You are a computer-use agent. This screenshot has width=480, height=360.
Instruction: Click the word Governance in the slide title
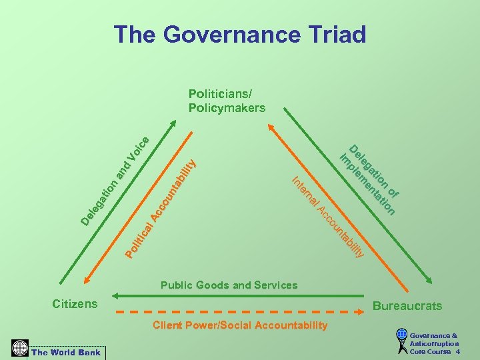223,34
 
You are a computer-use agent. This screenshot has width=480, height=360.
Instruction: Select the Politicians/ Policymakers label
227,101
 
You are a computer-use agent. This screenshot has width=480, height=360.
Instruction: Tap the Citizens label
75,304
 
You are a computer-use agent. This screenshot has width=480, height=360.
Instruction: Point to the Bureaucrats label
407,306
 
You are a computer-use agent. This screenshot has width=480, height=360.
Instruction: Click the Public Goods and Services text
229,285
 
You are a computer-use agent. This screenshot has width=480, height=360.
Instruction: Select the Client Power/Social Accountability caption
240,325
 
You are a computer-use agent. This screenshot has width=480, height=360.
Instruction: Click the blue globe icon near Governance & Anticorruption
401,335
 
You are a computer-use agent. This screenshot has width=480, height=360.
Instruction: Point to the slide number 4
457,351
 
